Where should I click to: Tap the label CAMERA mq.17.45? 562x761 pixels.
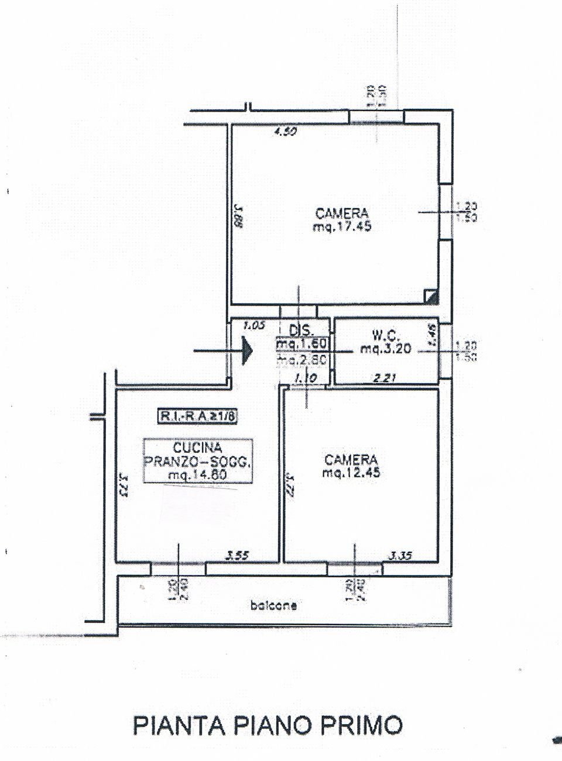point(342,220)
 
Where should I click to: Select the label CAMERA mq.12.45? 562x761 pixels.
point(351,466)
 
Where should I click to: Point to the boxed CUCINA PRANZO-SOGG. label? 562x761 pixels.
point(198,461)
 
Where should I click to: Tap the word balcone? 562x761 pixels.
point(273,606)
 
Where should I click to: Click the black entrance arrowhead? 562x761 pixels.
point(246,351)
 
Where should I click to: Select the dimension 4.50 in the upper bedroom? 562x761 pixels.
point(286,132)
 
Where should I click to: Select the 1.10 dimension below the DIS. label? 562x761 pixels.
point(306,378)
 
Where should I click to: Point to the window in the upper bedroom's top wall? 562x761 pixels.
point(376,117)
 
